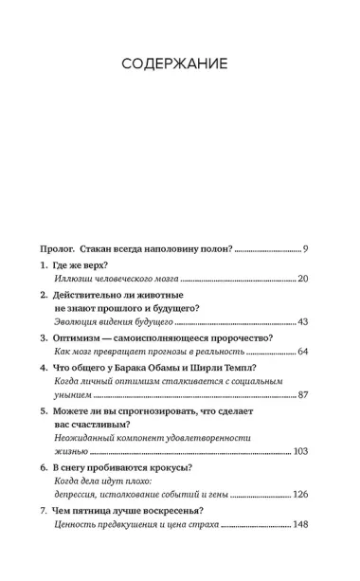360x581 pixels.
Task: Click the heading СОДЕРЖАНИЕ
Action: (180, 65)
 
